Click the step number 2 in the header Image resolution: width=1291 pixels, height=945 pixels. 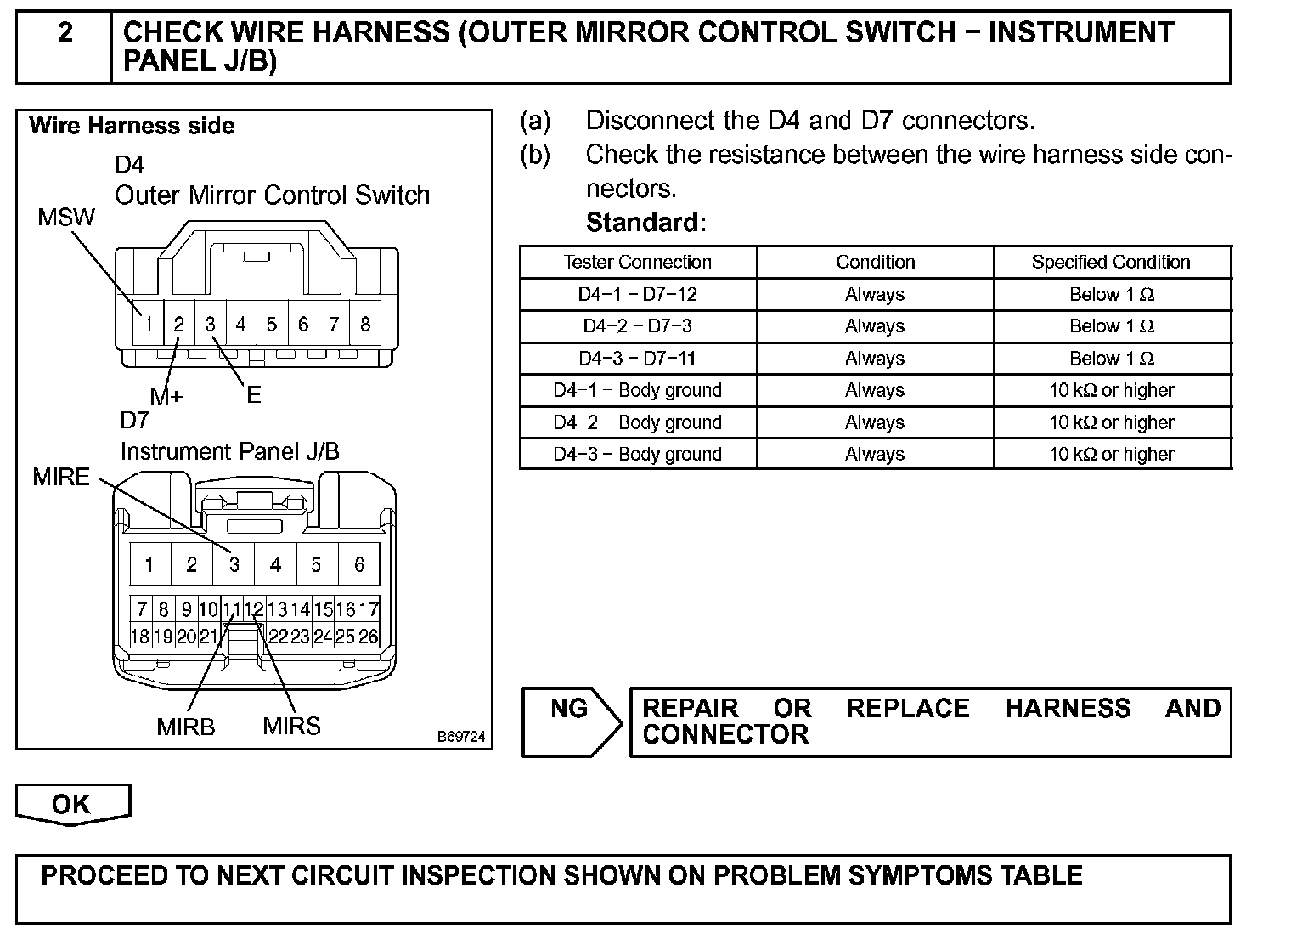[x=65, y=33]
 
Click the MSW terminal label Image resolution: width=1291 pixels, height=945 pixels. [x=66, y=218]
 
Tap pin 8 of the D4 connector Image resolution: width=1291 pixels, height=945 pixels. [x=365, y=324]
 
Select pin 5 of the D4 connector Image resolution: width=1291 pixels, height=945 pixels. [x=272, y=324]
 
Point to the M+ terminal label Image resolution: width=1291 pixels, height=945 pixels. [x=166, y=396]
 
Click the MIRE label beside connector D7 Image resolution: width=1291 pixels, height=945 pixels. [x=61, y=477]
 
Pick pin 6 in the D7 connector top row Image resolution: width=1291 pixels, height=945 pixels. [x=358, y=565]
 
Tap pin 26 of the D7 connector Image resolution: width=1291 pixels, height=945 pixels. [x=369, y=636]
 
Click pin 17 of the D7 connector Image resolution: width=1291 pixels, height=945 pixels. [x=369, y=609]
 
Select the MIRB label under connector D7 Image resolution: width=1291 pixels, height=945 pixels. [x=186, y=727]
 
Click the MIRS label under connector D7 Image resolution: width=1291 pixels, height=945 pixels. [x=291, y=726]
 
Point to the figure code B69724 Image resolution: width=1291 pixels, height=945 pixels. [x=461, y=737]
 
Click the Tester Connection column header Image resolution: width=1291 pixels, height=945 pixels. [x=638, y=262]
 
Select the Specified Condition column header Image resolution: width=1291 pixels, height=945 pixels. [x=1111, y=262]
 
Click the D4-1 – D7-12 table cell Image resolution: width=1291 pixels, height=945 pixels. [x=638, y=294]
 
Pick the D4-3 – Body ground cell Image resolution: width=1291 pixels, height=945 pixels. [x=638, y=454]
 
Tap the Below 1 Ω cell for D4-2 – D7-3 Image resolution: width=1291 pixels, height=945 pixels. [x=1111, y=326]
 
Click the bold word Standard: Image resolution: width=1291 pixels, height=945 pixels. [x=645, y=223]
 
